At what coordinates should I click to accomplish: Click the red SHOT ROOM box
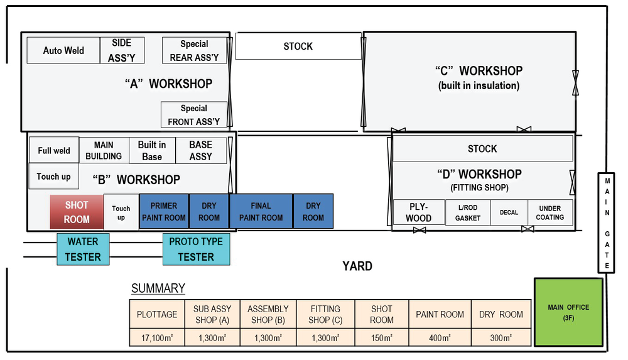pos(77,212)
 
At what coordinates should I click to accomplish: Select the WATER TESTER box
pos(83,249)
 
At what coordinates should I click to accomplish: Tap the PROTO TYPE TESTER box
pos(196,249)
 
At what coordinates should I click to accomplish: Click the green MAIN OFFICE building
pos(569,312)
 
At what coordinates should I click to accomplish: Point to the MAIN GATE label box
pos(607,223)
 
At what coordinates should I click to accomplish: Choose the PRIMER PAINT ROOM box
pos(164,211)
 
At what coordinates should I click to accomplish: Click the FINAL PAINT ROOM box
pos(261,211)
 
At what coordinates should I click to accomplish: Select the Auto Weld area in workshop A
pos(63,50)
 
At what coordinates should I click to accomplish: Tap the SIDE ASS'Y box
pos(122,50)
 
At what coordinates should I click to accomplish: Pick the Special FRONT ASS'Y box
pos(194,114)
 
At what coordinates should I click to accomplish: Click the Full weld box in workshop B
pos(54,150)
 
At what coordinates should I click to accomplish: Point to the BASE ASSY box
pos(201,151)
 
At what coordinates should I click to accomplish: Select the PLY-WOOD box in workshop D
pos(419,212)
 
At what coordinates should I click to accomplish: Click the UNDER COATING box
pos(550,212)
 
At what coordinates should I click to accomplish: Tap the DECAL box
pos(509,212)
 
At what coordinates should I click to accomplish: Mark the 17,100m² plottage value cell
pos(157,337)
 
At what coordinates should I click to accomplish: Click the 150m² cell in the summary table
pos(382,337)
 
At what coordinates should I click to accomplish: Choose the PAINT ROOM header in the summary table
pos(440,314)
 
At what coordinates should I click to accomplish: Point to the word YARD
pos(357,266)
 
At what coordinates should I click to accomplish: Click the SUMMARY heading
pos(158,288)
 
